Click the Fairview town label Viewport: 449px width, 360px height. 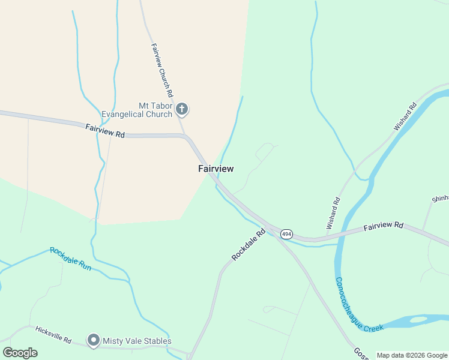click(216, 169)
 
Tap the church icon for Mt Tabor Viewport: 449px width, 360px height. click(182, 109)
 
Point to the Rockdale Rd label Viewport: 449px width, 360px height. click(249, 245)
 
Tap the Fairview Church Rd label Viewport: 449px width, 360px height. click(162, 71)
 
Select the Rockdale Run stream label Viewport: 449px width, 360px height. click(70, 259)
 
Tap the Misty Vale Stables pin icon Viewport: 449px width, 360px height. click(93, 341)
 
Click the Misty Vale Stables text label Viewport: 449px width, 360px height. click(137, 341)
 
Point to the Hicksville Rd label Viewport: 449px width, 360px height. click(53, 335)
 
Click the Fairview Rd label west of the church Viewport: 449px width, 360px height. click(104, 131)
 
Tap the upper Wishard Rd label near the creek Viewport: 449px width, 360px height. click(405, 118)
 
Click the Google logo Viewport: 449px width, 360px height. click(20, 353)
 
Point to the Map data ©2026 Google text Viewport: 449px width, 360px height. click(411, 355)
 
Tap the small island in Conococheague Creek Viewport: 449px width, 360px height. click(419, 319)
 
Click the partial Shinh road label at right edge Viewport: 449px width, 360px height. click(440, 199)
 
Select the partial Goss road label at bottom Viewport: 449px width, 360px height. click(360, 354)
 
